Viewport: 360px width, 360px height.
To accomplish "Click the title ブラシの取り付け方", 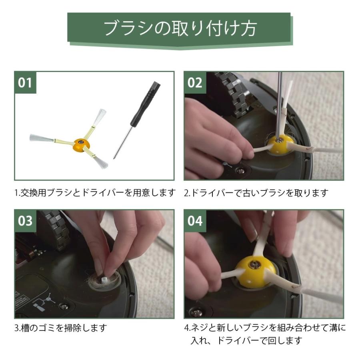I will (x=180, y=29).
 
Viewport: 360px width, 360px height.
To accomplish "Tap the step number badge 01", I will (x=25, y=83).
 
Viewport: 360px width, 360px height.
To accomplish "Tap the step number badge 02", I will (x=195, y=83).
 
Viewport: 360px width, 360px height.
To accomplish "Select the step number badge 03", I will (x=25, y=221).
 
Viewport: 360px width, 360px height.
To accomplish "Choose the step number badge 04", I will (x=195, y=221).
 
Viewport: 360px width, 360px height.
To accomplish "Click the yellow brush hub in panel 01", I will (x=80, y=143).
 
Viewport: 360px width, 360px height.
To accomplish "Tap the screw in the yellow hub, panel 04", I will (x=255, y=265).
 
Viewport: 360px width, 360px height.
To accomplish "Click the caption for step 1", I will (x=95, y=193).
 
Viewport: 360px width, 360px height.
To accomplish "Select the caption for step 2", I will (x=256, y=193).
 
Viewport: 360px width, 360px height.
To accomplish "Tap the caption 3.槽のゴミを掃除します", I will (x=61, y=328).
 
